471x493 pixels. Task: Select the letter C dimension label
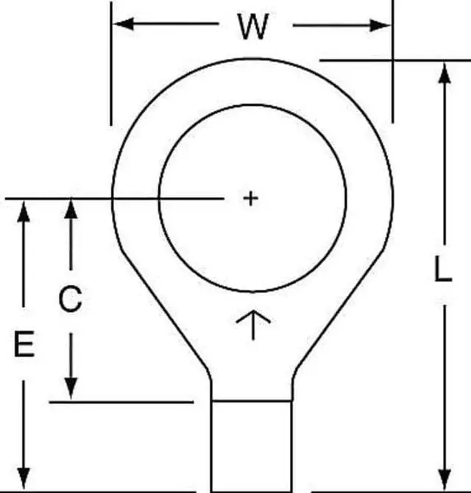(x=70, y=299)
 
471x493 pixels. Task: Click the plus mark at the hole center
(x=251, y=198)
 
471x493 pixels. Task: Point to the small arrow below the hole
(x=252, y=324)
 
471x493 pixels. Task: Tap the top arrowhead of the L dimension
(x=445, y=74)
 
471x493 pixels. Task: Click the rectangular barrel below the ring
(x=252, y=445)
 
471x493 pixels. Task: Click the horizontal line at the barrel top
(x=252, y=400)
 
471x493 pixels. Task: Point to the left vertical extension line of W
(x=111, y=66)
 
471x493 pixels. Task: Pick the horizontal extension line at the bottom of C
(x=121, y=402)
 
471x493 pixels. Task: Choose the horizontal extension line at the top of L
(x=390, y=59)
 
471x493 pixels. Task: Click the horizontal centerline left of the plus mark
(x=110, y=198)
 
